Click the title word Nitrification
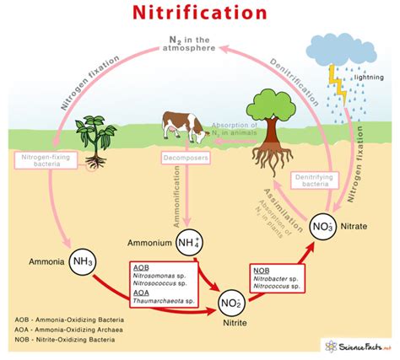tap(199, 13)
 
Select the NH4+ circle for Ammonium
tap(191, 244)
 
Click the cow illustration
tap(182, 126)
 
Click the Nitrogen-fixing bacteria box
tap(49, 162)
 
